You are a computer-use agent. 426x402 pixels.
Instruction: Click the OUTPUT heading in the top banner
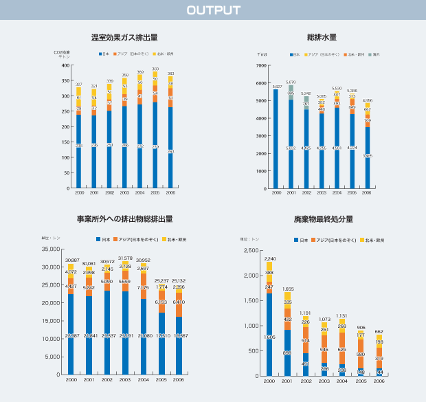pyautogui.click(x=213, y=10)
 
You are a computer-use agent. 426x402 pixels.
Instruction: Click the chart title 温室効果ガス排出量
pyautogui.click(x=124, y=37)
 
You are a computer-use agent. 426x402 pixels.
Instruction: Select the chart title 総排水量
pyautogui.click(x=321, y=37)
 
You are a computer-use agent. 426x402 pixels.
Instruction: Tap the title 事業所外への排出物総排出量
pyautogui.click(x=124, y=219)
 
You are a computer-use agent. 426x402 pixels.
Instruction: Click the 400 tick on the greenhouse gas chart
pyautogui.click(x=66, y=65)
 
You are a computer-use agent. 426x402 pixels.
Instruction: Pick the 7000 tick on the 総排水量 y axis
pyautogui.click(x=262, y=65)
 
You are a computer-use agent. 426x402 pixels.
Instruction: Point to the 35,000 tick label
pyautogui.click(x=52, y=249)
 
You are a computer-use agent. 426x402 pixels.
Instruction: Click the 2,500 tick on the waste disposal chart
pyautogui.click(x=249, y=250)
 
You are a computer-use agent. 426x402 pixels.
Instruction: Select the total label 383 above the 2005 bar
pyautogui.click(x=155, y=69)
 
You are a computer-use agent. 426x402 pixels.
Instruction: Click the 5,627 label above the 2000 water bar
pyautogui.click(x=277, y=87)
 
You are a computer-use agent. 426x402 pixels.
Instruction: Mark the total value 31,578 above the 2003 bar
pyautogui.click(x=125, y=258)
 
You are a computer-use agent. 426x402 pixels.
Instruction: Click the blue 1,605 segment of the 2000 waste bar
pyautogui.click(x=269, y=337)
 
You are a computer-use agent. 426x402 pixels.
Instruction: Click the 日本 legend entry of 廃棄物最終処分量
pyautogui.click(x=300, y=240)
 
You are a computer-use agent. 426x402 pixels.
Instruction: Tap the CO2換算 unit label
pyautogui.click(x=62, y=52)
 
